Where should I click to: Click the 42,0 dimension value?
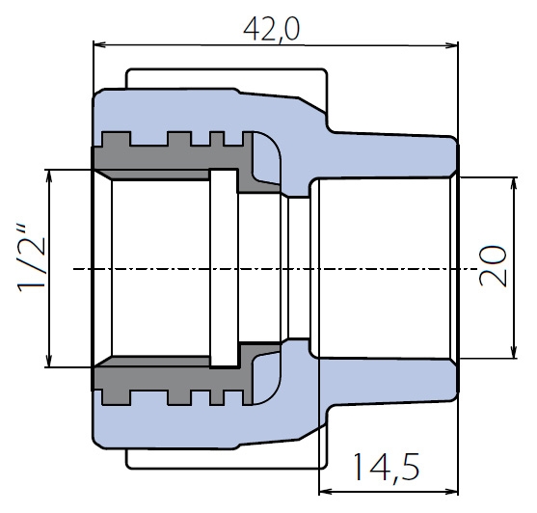272,30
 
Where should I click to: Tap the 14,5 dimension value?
387,468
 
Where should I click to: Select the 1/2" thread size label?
32,258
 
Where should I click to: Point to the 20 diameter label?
494,266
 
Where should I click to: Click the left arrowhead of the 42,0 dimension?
99,44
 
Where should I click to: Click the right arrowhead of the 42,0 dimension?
452,45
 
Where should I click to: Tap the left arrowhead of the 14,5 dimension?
325,492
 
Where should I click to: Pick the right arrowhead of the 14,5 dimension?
452,492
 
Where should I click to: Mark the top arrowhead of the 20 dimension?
513,183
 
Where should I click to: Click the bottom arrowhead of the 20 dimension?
513,352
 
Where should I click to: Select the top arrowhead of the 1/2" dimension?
49,175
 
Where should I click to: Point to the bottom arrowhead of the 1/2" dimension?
49,361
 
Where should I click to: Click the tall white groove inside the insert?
224,268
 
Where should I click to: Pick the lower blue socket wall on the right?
384,380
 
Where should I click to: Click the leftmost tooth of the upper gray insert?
117,140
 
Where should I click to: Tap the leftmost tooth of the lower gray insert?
117,397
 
